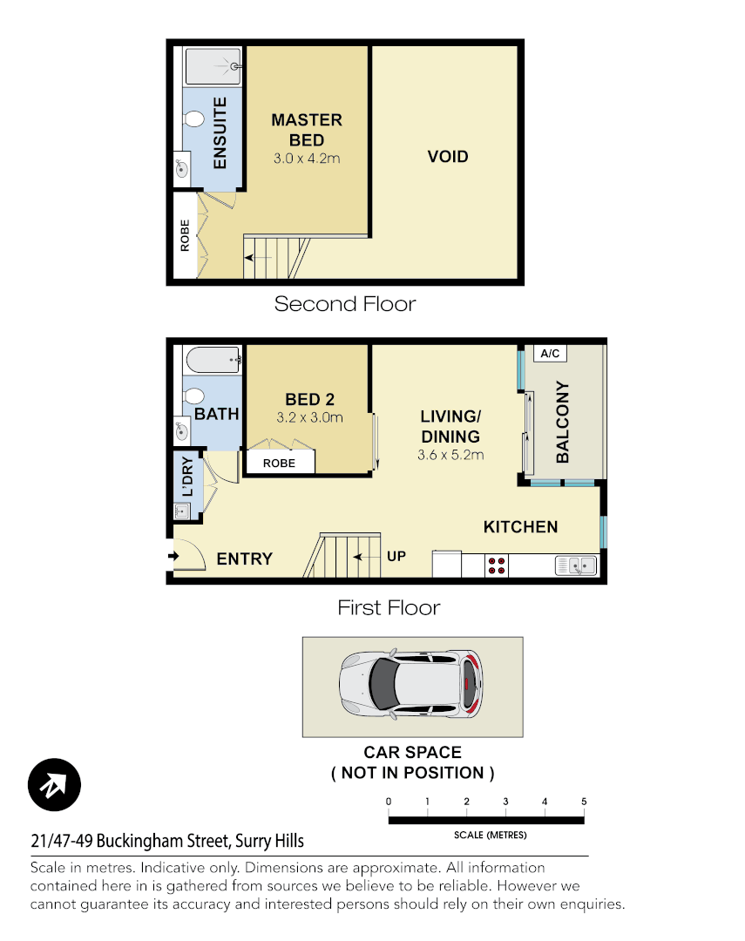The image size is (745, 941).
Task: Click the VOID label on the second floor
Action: [x=448, y=157]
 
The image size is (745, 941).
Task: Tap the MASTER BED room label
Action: [x=306, y=130]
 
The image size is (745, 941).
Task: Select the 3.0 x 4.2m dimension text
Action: [x=306, y=159]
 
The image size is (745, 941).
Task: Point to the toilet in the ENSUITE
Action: [x=194, y=120]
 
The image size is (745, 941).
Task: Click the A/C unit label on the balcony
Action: [x=550, y=354]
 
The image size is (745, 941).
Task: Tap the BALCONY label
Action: [x=563, y=422]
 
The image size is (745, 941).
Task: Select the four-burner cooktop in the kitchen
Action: [x=497, y=565]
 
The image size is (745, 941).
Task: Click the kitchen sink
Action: [x=576, y=565]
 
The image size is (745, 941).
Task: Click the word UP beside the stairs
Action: [x=396, y=556]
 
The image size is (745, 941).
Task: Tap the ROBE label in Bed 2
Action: [x=279, y=464]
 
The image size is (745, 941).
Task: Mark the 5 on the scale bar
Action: [x=584, y=802]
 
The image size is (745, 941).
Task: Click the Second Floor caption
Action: [x=345, y=304]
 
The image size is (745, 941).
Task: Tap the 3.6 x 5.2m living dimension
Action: [x=450, y=455]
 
